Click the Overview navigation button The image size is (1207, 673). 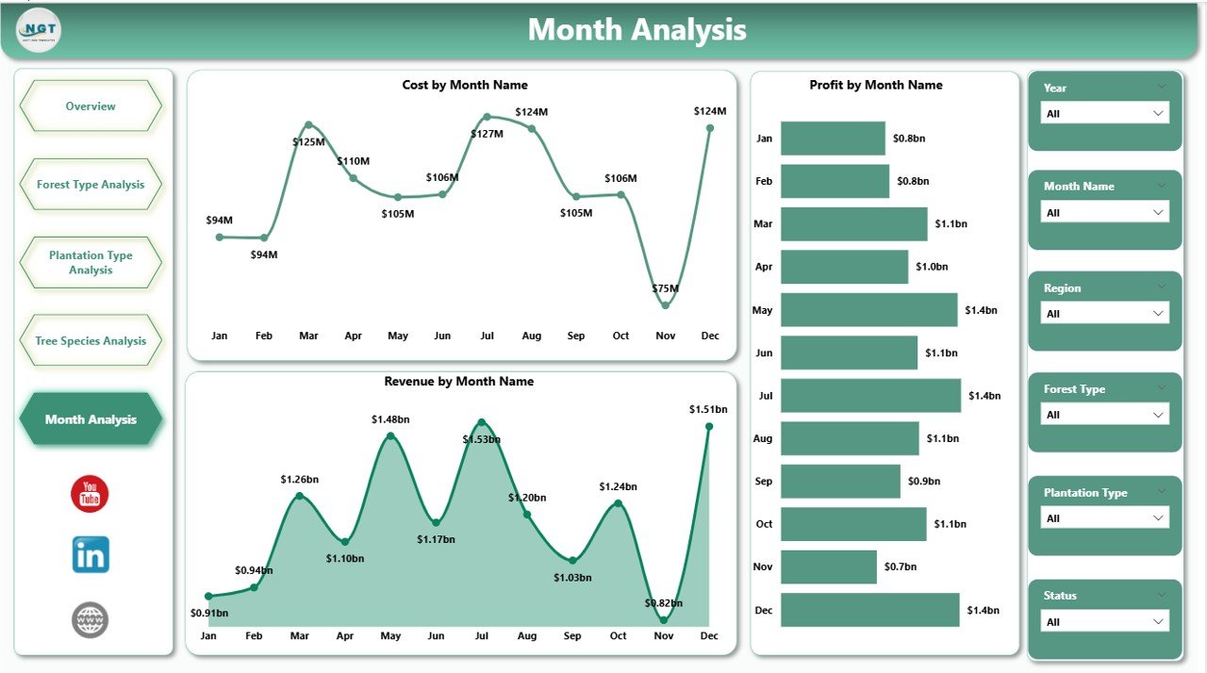click(91, 107)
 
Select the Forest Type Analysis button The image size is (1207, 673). click(91, 185)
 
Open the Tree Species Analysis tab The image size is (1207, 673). click(91, 341)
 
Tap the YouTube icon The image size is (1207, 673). click(90, 494)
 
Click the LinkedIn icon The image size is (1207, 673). click(91, 554)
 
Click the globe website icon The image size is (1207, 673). click(91, 619)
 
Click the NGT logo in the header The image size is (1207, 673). click(39, 30)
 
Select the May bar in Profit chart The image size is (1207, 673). click(868, 310)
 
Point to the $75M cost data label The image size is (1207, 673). click(666, 288)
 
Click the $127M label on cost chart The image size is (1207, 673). click(488, 134)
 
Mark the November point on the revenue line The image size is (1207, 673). click(664, 619)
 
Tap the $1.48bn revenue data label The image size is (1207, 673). click(390, 419)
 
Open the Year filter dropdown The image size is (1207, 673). click(1104, 113)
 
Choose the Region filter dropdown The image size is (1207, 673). click(1104, 314)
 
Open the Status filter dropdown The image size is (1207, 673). click(1104, 622)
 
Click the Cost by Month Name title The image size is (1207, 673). click(465, 86)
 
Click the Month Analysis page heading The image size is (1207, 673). click(637, 30)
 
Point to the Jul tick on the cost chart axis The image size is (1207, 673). click(487, 336)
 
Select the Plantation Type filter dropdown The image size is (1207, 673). click(1104, 518)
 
